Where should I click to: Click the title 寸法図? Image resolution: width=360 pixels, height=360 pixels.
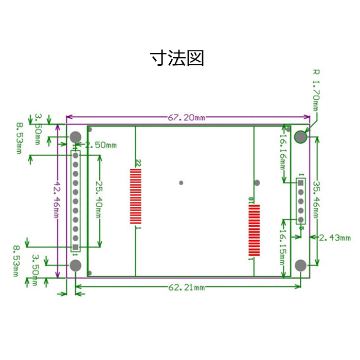pos(177,58)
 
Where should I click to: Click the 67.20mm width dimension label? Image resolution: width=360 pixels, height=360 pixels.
pos(186,118)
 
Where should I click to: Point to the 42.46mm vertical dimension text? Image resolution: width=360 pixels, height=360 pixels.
pos(57,200)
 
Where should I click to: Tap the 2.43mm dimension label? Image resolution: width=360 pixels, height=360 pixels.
pos(334,238)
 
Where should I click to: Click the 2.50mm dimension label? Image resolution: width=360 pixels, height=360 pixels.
pos(100,145)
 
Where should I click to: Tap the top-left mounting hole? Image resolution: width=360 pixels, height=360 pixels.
pos(76,137)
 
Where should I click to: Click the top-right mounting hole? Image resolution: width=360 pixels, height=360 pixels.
pos(301,137)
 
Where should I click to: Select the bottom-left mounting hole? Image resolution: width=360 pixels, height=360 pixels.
pos(76,265)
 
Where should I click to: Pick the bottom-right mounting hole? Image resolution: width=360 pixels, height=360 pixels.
pos(301,265)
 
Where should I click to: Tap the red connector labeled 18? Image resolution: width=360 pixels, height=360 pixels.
pos(254,230)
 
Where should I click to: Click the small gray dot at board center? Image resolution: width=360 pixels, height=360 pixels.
pos(181,182)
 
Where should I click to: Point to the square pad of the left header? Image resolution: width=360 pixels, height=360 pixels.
pos(76,246)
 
